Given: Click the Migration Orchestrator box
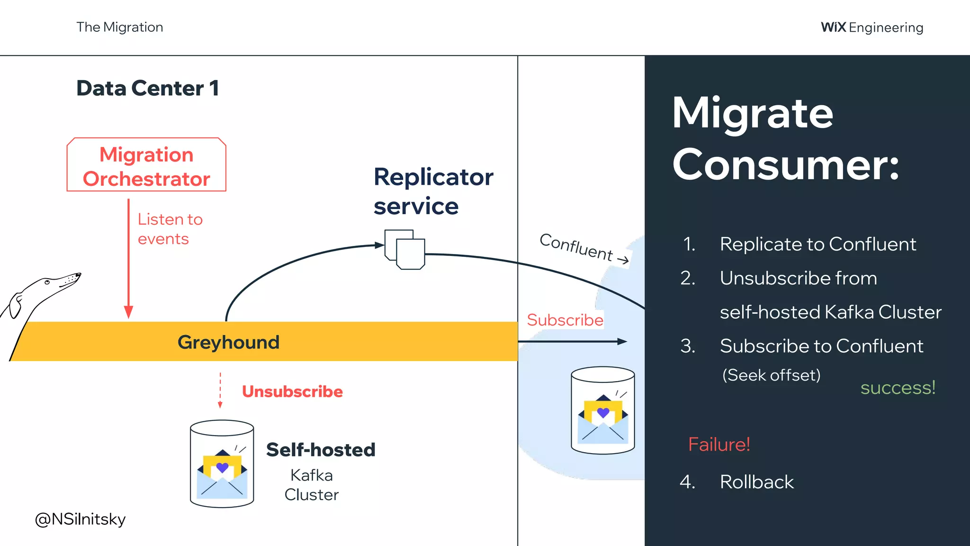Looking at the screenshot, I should coord(146,165).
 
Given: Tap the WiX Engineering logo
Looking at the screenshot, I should coord(872,27).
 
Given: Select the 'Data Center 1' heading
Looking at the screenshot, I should coord(148,89).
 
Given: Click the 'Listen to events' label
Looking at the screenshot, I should coord(170,229).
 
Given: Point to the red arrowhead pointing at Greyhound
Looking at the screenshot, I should coord(128,312).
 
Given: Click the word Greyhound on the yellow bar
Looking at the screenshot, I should coord(228,342).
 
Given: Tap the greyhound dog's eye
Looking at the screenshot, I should coord(47,282).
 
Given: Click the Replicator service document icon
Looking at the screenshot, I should coord(405,249).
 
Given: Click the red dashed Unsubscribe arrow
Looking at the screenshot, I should coord(220,391).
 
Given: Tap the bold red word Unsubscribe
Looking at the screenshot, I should coord(292,391).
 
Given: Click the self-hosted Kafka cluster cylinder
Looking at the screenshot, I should coord(222,464).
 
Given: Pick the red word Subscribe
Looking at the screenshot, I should coord(565,320).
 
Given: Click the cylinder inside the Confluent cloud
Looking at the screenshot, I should coord(602,410).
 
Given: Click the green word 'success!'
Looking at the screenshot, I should coord(898,388).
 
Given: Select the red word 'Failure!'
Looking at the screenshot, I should coord(719,445).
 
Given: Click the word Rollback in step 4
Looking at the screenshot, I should coord(756,482).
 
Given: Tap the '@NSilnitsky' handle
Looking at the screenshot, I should coord(81,519).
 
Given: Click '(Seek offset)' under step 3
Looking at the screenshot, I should coord(771,375).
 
